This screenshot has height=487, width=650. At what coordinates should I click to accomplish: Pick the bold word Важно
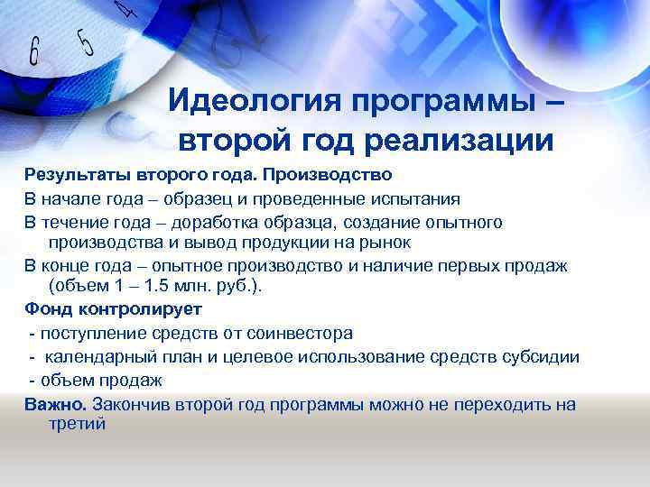point(55,404)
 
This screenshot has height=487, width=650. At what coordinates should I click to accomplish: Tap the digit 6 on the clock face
point(36,53)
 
